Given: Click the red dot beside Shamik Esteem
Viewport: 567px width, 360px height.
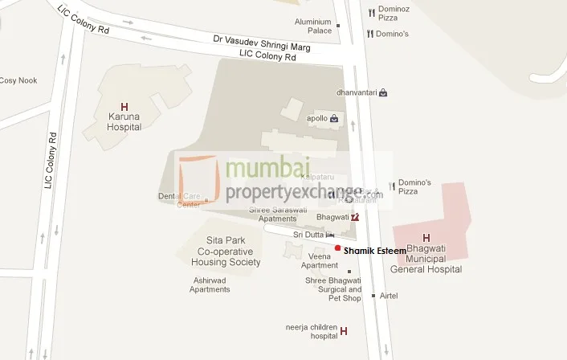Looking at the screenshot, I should (x=338, y=248).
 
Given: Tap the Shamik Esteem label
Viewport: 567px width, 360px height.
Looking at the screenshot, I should (x=373, y=251).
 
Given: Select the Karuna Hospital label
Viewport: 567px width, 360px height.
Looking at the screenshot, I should (x=124, y=121).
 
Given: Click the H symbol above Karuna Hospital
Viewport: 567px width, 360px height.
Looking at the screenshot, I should (x=124, y=106).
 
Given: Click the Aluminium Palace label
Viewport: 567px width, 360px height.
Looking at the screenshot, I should (x=312, y=26).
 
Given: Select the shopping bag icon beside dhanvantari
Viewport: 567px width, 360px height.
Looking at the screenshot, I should (x=383, y=92).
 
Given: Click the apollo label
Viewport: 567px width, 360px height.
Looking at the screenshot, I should (x=318, y=118).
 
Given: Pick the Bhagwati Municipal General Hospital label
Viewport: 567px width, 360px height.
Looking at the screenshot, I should (x=426, y=260).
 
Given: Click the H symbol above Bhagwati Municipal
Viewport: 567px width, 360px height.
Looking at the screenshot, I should (x=426, y=238).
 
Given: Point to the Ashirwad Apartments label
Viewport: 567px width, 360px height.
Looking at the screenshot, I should (x=210, y=284).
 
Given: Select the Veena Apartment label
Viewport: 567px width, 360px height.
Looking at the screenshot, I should (x=320, y=260).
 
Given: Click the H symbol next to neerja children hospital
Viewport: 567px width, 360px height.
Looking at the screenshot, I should (x=344, y=331).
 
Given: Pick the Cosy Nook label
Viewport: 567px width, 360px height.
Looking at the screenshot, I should (x=18, y=80).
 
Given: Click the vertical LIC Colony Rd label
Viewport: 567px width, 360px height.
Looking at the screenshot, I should (x=50, y=161).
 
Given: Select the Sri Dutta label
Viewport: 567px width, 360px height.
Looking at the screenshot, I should (x=308, y=234).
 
